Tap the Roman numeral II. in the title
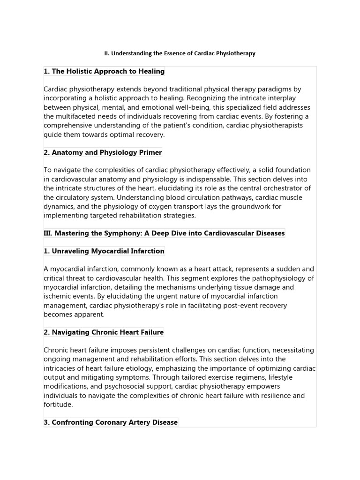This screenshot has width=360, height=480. tap(107, 53)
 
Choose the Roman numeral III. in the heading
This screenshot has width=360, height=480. tap(48, 233)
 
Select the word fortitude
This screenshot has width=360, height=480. tap(58, 404)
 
